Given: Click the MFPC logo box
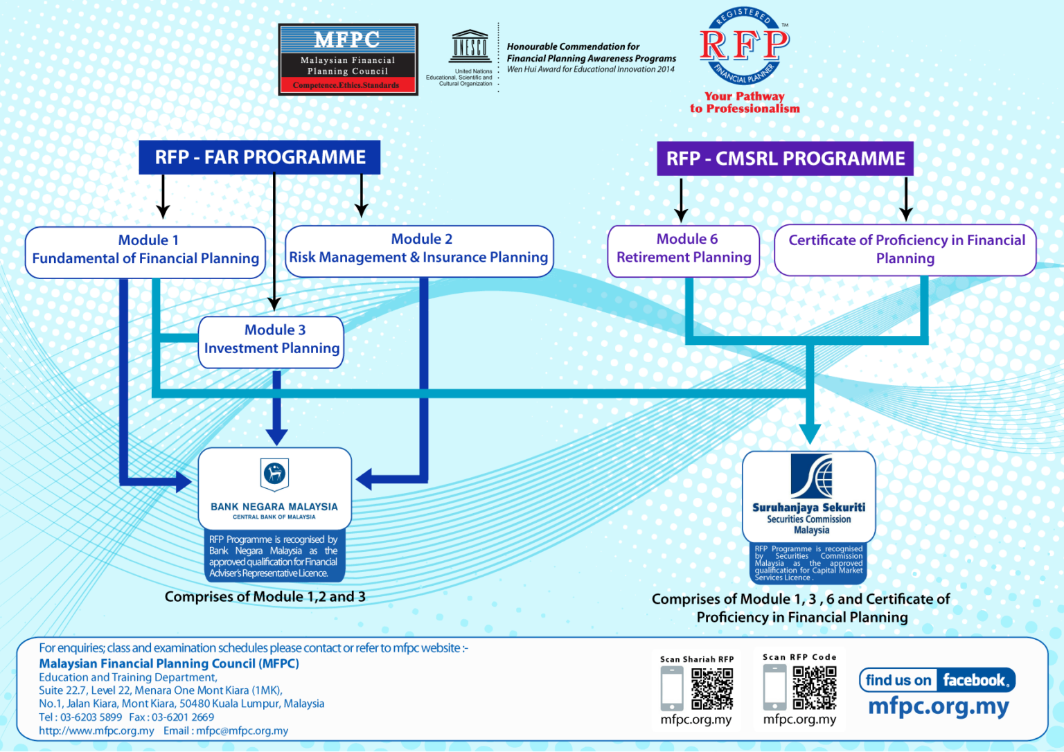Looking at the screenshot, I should (x=348, y=60).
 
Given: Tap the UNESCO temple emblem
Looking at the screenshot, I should (x=470, y=46).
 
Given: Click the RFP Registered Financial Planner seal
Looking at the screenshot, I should (x=744, y=46).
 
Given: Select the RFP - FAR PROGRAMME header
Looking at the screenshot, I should (x=260, y=157).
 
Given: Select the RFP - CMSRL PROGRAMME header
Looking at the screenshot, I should (x=785, y=159).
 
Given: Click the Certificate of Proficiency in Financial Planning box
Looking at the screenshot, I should (x=905, y=250).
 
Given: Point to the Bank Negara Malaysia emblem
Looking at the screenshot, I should (x=274, y=474).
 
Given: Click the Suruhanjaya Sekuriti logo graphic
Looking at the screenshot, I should (x=811, y=476).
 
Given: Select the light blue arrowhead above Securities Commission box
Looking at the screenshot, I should (x=810, y=433).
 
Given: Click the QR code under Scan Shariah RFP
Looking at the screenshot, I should (x=712, y=688).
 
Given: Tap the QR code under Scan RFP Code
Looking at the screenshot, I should (x=815, y=688).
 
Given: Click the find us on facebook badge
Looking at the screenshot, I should (x=937, y=680).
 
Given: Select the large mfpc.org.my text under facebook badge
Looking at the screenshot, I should (x=938, y=707).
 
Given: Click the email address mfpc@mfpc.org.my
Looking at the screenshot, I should (x=242, y=731).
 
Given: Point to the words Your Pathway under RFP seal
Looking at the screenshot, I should (x=745, y=96).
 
